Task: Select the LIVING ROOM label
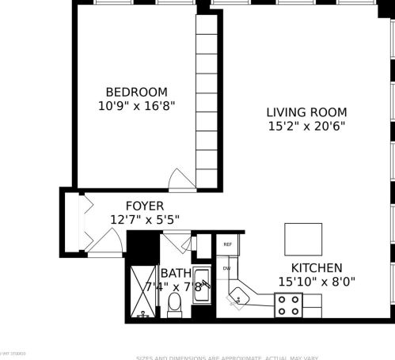click(306, 112)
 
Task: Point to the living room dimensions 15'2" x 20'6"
click(306, 127)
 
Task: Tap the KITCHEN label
click(316, 268)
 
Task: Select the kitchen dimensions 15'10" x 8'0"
click(316, 282)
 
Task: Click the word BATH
click(175, 273)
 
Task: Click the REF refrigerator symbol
click(228, 245)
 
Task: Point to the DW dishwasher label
click(226, 268)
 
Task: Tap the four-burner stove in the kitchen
click(288, 305)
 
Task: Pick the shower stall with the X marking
click(143, 291)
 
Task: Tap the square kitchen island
click(303, 239)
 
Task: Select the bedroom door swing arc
click(181, 180)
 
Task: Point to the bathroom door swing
click(176, 243)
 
